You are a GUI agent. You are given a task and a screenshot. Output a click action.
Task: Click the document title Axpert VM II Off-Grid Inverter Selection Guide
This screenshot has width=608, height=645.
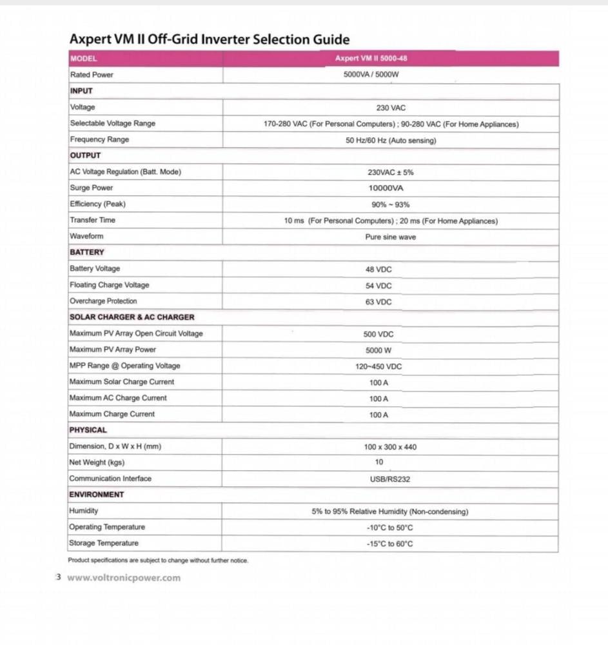click(x=210, y=39)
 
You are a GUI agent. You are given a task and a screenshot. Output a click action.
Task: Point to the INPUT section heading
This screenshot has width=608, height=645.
click(x=81, y=91)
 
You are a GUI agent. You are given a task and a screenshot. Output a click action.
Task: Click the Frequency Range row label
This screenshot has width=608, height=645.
click(x=99, y=139)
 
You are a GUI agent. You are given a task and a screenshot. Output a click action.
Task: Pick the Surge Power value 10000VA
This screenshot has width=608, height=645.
click(x=386, y=188)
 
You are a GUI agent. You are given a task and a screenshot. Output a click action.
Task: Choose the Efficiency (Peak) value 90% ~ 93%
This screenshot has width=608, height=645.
click(x=390, y=204)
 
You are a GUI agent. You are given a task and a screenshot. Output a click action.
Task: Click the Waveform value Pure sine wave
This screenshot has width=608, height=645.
click(x=390, y=237)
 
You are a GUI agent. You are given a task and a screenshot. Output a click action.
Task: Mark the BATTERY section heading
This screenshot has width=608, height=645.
click(x=86, y=252)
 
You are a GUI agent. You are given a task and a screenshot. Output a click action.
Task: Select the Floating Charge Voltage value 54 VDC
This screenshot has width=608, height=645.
click(x=378, y=286)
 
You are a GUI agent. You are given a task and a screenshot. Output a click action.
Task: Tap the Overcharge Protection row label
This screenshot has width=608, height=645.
click(x=103, y=301)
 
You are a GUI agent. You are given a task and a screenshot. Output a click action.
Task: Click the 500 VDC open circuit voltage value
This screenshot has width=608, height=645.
click(x=378, y=334)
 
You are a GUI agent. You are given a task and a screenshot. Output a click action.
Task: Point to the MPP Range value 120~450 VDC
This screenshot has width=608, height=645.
click(x=378, y=366)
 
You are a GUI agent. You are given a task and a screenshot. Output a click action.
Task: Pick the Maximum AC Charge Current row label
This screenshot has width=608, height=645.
click(x=117, y=398)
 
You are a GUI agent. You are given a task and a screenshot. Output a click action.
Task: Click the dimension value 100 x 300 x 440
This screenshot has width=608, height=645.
click(x=390, y=447)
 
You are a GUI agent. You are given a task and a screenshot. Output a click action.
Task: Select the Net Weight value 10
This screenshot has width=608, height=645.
click(x=378, y=462)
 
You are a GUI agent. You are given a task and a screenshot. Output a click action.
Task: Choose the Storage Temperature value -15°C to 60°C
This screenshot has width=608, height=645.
click(x=389, y=544)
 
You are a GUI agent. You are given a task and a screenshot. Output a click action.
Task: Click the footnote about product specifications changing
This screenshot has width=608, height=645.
click(x=158, y=561)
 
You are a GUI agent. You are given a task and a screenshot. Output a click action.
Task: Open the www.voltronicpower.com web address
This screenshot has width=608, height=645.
click(x=124, y=578)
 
